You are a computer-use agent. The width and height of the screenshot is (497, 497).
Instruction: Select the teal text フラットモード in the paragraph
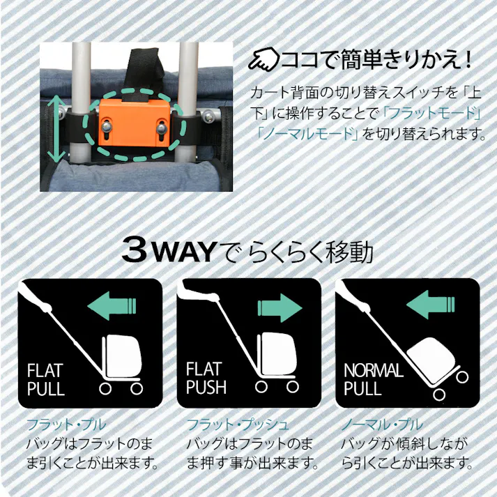coord(431,113)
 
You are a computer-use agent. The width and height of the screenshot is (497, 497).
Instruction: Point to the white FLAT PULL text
coord(46,380)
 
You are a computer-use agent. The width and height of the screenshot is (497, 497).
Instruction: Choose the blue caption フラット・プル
coord(66,425)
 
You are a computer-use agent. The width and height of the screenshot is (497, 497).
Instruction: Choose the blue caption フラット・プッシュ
coord(238,425)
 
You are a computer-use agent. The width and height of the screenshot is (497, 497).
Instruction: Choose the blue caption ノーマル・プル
coord(382,425)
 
